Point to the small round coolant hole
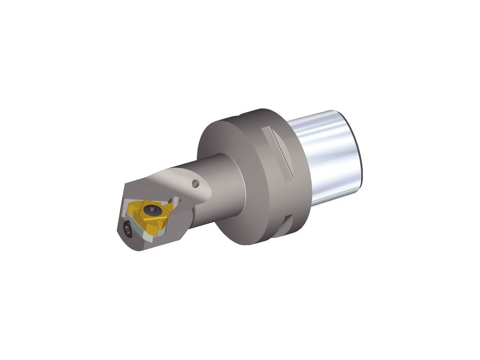(195, 184)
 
